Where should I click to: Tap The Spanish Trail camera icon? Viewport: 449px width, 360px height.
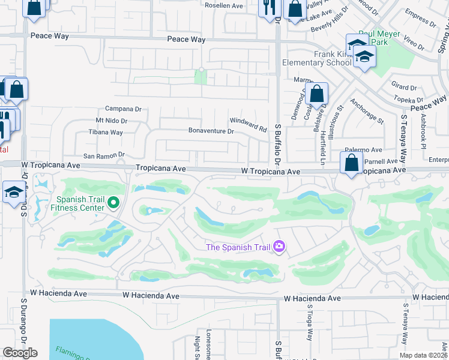[279, 246]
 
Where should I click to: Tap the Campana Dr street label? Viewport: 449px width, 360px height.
[123, 109]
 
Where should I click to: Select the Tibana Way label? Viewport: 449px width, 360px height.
[106, 133]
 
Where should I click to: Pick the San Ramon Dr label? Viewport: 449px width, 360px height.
[104, 155]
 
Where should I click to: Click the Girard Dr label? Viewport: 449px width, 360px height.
[403, 87]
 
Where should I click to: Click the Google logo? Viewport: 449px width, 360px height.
[20, 353]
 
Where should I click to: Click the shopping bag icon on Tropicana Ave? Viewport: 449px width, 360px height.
[351, 163]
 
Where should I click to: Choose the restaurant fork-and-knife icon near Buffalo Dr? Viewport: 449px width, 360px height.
[268, 7]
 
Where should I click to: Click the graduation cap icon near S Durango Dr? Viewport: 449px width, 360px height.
[13, 193]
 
